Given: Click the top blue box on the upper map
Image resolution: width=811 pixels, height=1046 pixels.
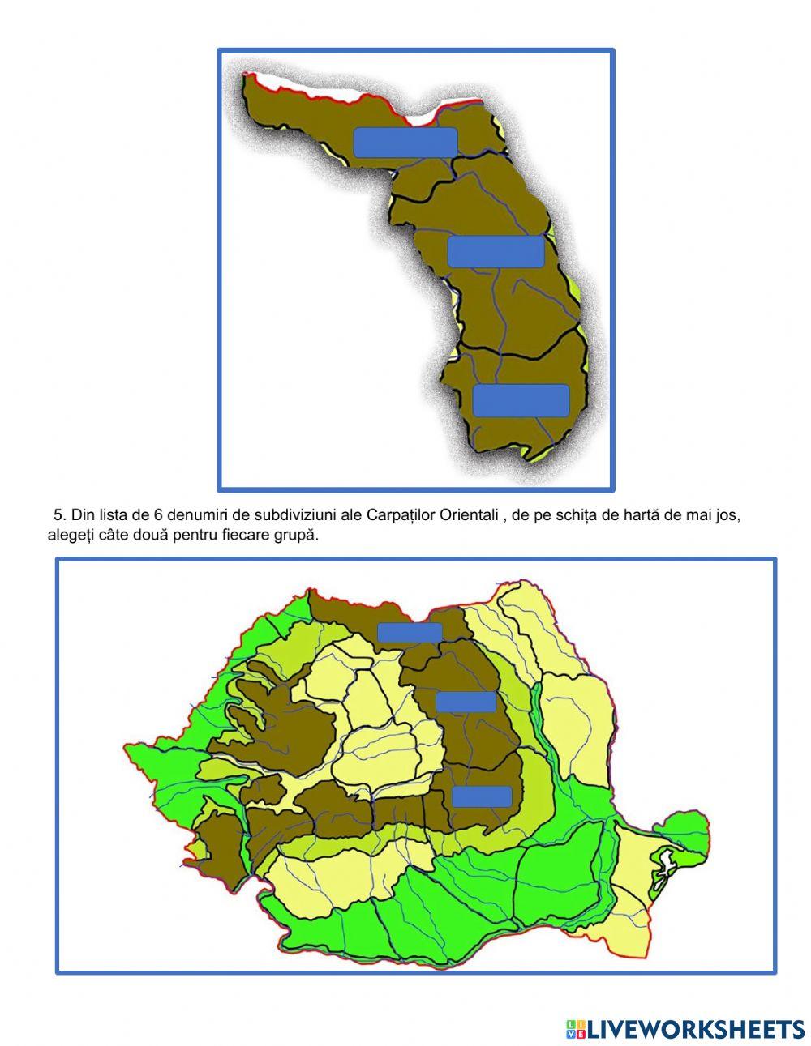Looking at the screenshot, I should point(405,143).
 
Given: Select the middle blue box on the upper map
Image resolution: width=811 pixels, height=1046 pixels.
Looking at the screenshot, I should point(496,251).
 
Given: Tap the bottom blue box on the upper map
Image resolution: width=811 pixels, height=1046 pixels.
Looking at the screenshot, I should point(521,400).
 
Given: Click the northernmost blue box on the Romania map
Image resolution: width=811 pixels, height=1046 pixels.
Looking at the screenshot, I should point(410,632).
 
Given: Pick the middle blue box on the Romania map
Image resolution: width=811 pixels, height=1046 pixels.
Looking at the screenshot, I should point(466,702).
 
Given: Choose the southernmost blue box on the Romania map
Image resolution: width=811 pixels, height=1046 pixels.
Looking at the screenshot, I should point(482,796).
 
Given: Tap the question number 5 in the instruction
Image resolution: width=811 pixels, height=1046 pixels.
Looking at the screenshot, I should point(58,515).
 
